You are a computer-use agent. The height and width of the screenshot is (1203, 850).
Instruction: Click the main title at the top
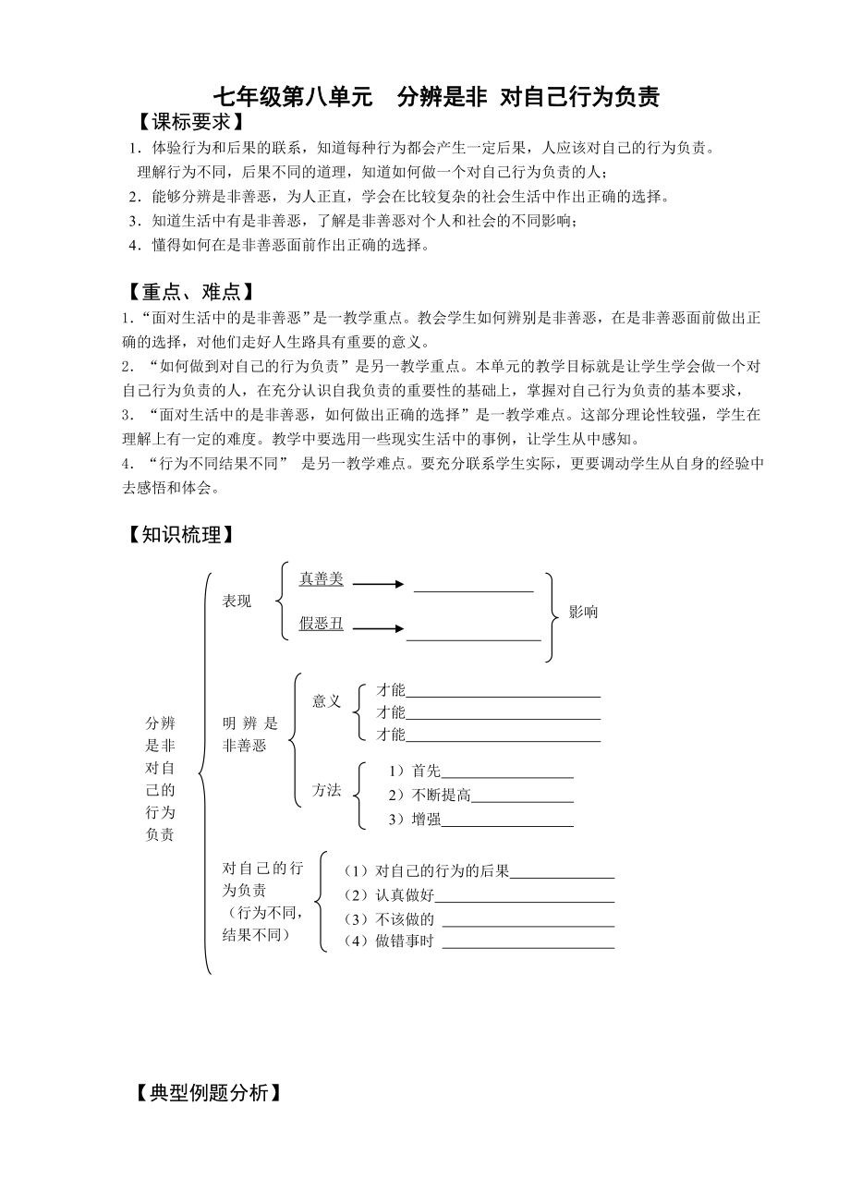[x=436, y=97]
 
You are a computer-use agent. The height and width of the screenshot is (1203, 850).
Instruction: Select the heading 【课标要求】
[x=186, y=122]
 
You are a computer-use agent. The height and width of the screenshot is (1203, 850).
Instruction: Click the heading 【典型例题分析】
[x=205, y=1093]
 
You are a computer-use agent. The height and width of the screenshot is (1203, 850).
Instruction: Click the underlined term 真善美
[x=321, y=579]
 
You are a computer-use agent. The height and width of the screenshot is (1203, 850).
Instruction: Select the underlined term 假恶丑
[x=321, y=624]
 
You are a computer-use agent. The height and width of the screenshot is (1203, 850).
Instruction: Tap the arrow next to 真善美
[x=379, y=584]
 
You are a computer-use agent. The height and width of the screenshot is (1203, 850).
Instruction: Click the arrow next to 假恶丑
[x=379, y=628]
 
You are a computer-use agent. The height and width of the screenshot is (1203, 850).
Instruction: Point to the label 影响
[x=583, y=612]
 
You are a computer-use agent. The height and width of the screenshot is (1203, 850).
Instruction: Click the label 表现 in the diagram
[x=237, y=602]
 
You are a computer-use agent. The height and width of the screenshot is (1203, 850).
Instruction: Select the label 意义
[x=326, y=701]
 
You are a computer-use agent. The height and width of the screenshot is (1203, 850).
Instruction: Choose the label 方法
[x=326, y=790]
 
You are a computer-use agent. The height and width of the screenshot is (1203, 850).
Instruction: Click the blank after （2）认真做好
[x=524, y=901]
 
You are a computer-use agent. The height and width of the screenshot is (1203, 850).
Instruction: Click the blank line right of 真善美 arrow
[x=473, y=589]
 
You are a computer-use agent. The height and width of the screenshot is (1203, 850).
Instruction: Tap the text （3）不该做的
[x=388, y=919]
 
